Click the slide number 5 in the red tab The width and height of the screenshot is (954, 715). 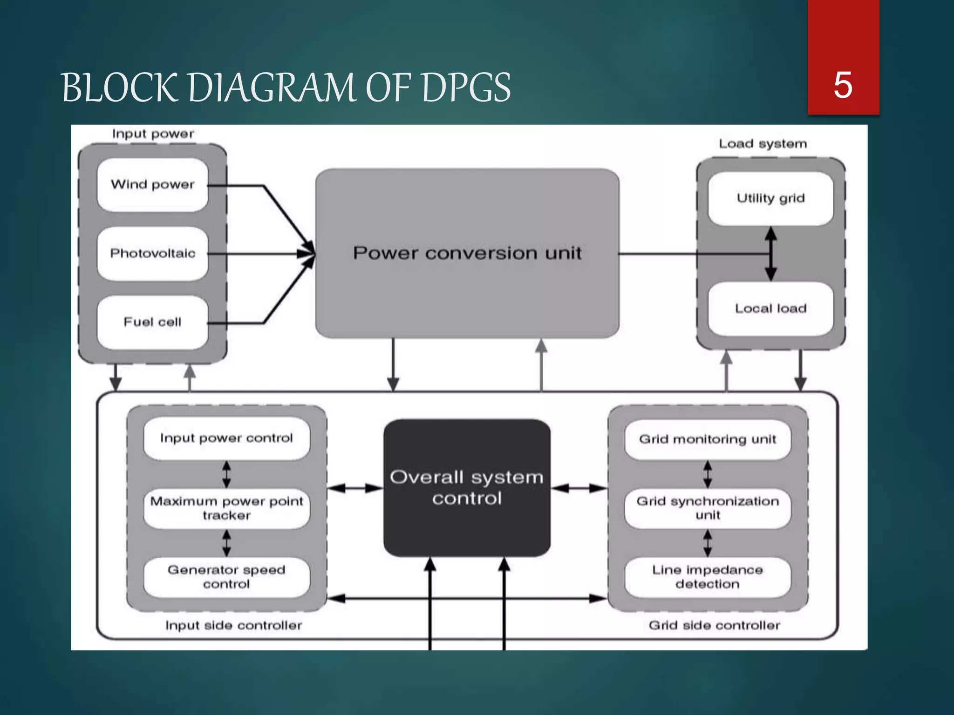[x=843, y=85]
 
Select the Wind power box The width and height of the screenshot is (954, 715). [x=152, y=184]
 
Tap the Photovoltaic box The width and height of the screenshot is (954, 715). [x=152, y=253]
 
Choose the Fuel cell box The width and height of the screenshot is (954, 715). [x=152, y=322]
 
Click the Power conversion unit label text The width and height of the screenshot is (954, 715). [x=467, y=253]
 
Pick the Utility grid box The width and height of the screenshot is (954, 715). [x=770, y=198]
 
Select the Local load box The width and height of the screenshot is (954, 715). [x=770, y=309]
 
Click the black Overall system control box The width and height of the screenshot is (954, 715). [x=467, y=488]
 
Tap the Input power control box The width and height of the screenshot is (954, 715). [x=226, y=438]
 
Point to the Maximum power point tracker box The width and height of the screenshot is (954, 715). [x=226, y=508]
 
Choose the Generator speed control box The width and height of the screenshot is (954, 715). [x=226, y=577]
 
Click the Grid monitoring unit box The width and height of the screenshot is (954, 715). [x=708, y=439]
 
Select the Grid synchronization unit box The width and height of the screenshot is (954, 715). [x=708, y=508]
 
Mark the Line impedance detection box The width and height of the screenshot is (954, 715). [x=708, y=577]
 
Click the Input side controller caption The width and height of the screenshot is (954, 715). [x=233, y=625]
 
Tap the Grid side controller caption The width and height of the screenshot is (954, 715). [x=714, y=625]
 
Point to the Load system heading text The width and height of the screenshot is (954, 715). [x=763, y=144]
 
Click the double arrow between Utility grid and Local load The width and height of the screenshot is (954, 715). [x=771, y=254]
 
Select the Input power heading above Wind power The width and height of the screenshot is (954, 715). [x=153, y=134]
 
